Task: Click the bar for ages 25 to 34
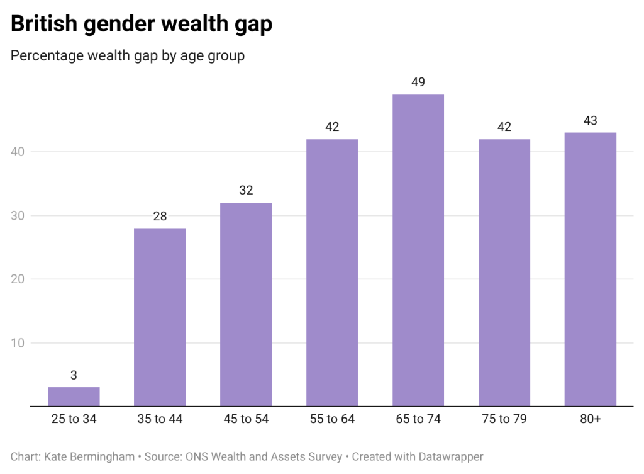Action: pos(74,397)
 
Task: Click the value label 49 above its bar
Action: pos(418,82)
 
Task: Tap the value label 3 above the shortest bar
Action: pos(74,375)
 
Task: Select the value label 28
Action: pos(160,216)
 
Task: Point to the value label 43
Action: pos(590,120)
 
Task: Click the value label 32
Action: pos(246,190)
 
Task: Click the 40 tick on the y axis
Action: pos(19,152)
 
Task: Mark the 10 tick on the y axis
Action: pos(19,343)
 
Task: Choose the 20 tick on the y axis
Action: pos(19,279)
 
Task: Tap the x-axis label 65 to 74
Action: pos(418,419)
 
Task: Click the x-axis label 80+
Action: pos(590,419)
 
